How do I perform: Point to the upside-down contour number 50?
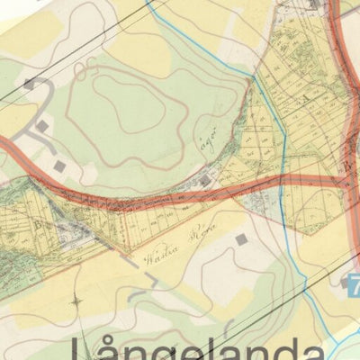click(88, 69)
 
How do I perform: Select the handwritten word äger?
click(207, 139)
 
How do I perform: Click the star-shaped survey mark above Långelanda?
click(76, 301)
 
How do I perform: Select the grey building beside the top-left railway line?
click(30, 84)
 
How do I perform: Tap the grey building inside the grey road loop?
click(42, 126)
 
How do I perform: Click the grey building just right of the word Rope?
click(241, 239)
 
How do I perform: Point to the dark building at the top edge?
click(311, 4)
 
